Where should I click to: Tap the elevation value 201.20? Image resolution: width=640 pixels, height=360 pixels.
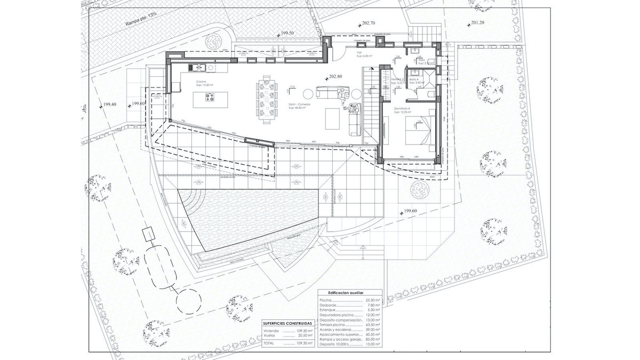(x=477, y=22)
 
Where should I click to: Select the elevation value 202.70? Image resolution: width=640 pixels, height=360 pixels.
(x=369, y=23)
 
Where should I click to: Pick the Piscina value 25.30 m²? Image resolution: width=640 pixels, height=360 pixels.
(x=371, y=300)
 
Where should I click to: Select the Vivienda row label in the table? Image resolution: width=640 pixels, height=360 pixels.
(x=273, y=331)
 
